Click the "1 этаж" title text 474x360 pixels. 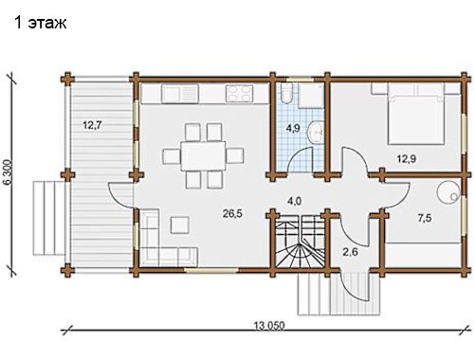(41, 23)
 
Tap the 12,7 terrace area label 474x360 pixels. (92, 125)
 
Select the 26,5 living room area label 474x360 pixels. (232, 214)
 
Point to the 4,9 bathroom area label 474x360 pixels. (293, 128)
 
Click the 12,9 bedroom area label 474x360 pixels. (407, 159)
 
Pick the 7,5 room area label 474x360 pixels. (425, 218)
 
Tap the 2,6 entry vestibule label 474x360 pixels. (350, 252)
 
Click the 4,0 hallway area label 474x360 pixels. (294, 201)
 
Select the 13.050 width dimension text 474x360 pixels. (269, 325)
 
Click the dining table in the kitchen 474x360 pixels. (203, 156)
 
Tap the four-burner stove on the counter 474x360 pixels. (239, 94)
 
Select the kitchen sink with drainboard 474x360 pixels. (180, 94)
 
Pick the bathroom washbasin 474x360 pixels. (316, 132)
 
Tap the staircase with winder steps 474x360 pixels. (299, 241)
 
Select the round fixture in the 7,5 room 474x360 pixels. (448, 192)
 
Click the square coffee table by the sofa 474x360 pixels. (180, 225)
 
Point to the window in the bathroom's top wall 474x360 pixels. (300, 80)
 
